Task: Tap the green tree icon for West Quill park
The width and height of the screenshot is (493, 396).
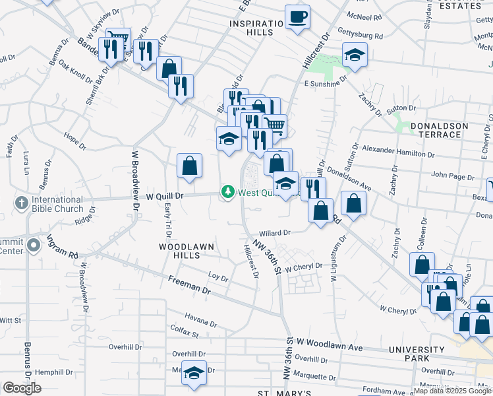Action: tap(228, 192)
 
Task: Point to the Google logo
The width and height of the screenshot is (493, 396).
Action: tap(22, 387)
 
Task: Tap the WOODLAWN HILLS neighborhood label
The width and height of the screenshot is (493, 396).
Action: tap(187, 247)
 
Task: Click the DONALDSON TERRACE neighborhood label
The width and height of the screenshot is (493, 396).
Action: tap(439, 130)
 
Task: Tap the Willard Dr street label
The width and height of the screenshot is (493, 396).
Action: tap(275, 233)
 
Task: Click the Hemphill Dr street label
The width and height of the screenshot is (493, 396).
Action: tap(55, 372)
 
